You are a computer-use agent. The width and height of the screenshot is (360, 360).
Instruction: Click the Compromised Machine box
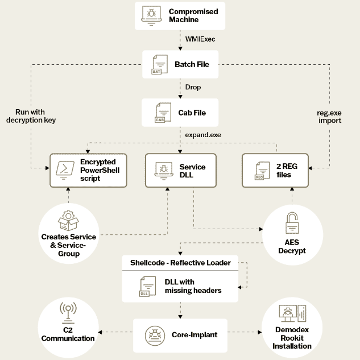pos(180,16)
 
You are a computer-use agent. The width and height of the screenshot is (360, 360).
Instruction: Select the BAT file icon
pos(156,64)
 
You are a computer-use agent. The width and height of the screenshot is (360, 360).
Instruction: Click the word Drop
pos(193,88)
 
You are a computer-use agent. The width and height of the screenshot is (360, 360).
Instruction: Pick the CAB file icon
pos(160,113)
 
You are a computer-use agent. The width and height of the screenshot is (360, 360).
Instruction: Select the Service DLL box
pos(180,170)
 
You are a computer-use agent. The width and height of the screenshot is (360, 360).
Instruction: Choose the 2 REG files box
pos(276,170)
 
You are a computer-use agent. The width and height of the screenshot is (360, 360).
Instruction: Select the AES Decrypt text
pos(291,246)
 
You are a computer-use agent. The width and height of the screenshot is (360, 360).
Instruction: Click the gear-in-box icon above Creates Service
pos(68,220)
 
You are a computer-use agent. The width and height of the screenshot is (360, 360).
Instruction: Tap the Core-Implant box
pos(180,334)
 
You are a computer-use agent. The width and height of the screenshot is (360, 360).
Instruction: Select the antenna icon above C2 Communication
pos(68,311)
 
